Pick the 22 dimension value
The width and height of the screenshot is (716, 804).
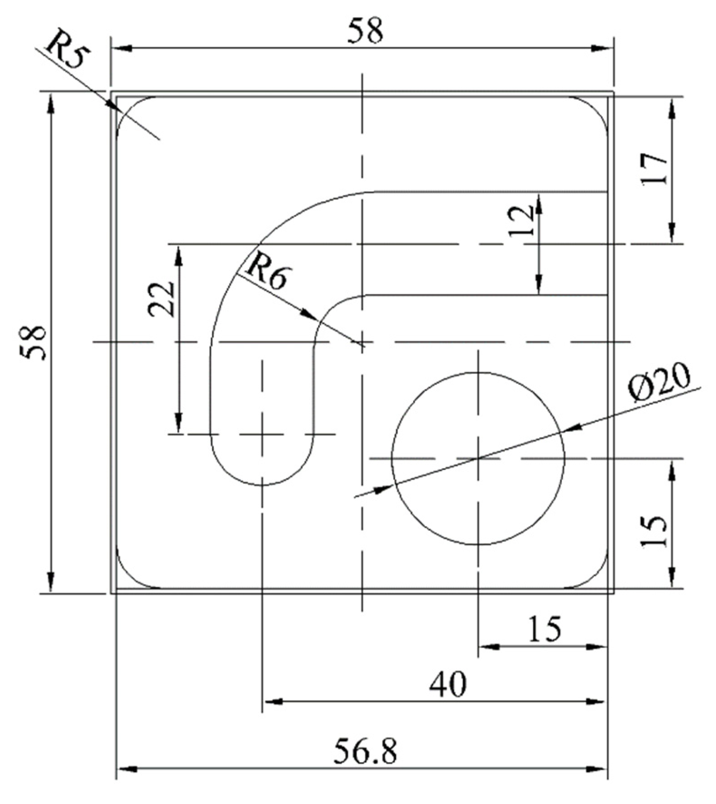coord(162,299)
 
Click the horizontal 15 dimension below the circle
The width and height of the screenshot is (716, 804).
coord(544,629)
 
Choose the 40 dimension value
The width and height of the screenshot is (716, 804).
coord(448,683)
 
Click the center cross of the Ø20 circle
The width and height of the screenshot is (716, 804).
coord(478,458)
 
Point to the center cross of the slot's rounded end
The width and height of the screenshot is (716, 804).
coord(262,434)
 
